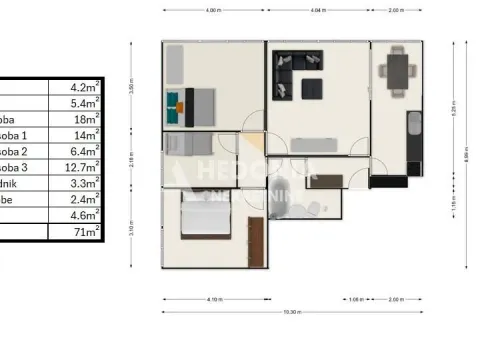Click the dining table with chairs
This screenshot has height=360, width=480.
pos(398,68)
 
